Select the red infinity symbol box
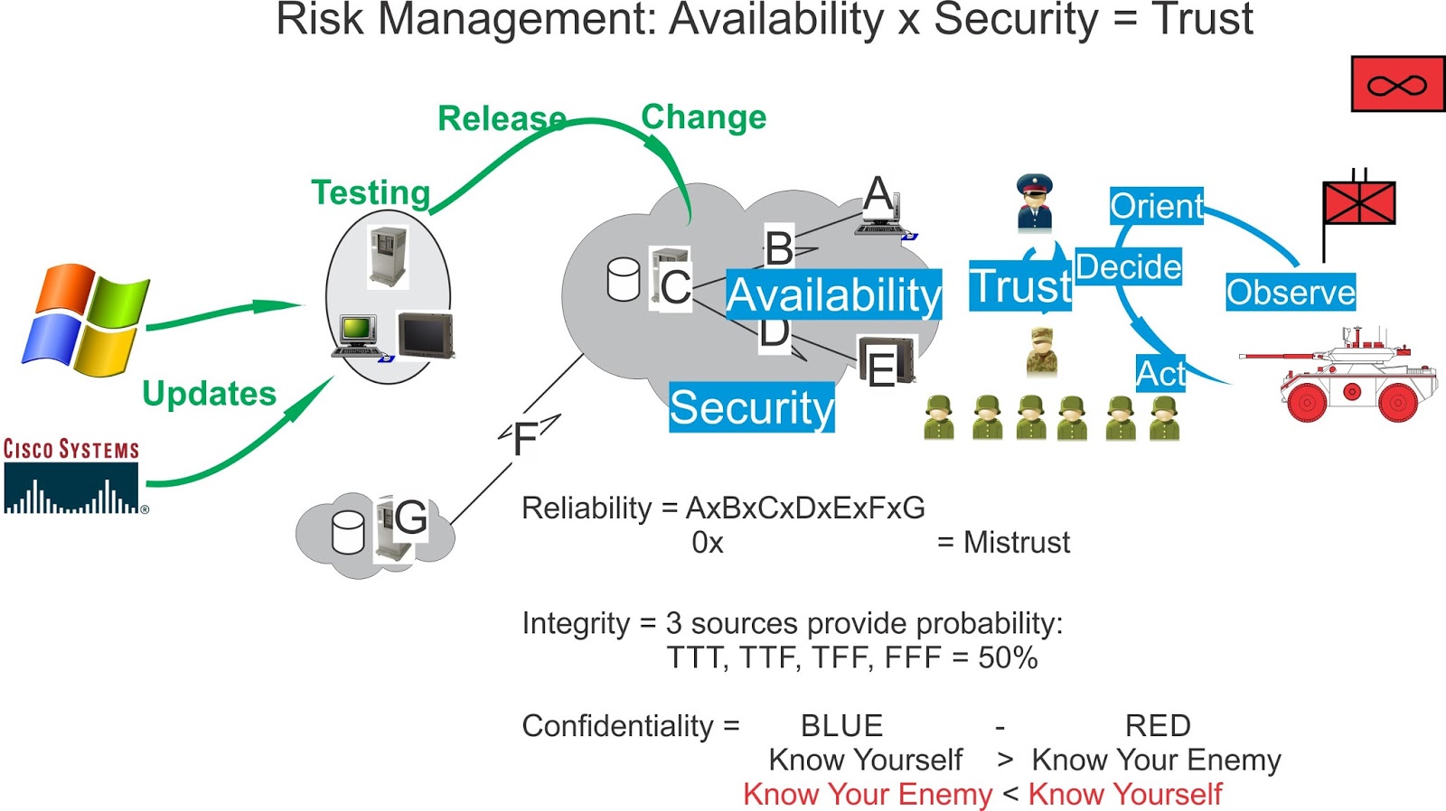point(1397,85)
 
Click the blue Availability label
point(833,294)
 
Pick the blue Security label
point(751,407)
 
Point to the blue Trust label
point(1019,287)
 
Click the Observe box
point(1290,292)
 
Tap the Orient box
point(1156,206)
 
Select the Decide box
point(1128,266)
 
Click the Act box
point(1160,373)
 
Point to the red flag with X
point(1358,202)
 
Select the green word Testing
point(371,192)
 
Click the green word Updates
point(209,394)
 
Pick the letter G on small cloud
point(410,517)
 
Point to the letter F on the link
point(525,440)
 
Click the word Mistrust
point(1016,543)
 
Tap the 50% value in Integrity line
point(1007,657)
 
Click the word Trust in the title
point(1202,20)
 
